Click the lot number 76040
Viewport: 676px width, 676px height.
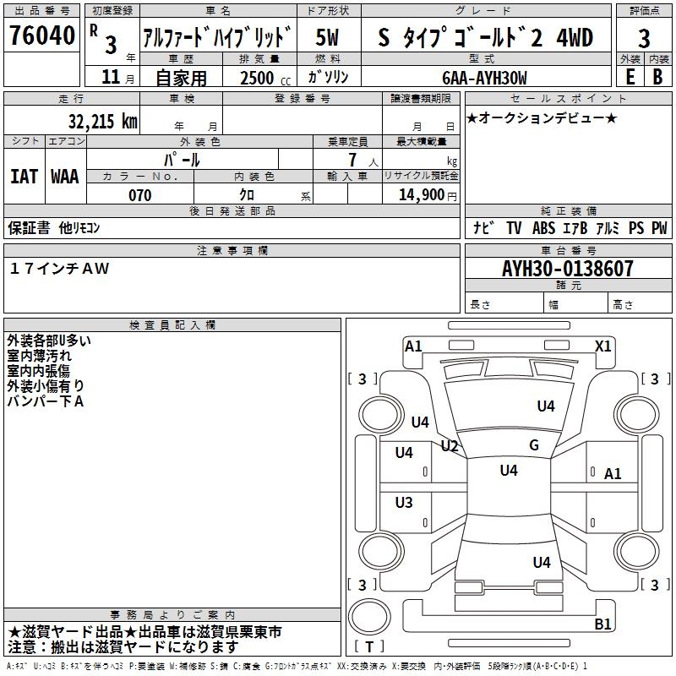[41, 37]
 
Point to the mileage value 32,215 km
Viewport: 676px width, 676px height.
[102, 121]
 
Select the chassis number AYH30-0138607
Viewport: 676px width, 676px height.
[568, 270]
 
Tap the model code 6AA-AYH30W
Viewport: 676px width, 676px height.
[484, 78]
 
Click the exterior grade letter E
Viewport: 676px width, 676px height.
[630, 77]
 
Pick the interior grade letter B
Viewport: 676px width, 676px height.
[657, 77]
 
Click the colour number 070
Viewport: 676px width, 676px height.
[139, 195]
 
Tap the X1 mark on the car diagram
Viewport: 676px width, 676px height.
[603, 346]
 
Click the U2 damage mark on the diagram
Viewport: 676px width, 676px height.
[450, 445]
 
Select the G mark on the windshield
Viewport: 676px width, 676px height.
[533, 444]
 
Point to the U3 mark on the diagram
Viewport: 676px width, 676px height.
[404, 503]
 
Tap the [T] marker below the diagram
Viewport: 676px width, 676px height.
[369, 647]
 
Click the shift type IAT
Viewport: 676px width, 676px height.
[24, 176]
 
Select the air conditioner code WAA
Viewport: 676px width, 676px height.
[64, 176]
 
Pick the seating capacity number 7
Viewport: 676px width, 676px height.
[350, 160]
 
